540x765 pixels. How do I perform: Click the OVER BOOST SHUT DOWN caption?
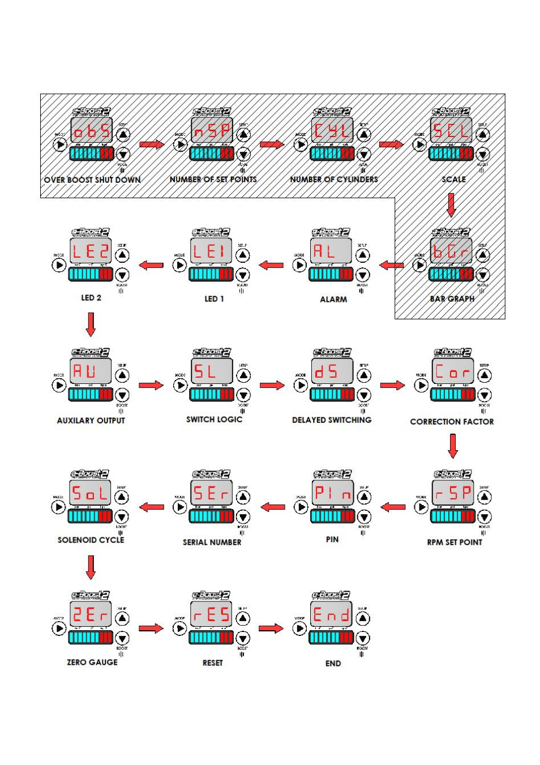[92, 180]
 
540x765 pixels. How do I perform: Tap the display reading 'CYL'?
[333, 131]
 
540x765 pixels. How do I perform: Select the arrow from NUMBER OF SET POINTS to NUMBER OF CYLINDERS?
[272, 144]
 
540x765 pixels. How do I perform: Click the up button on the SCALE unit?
[482, 135]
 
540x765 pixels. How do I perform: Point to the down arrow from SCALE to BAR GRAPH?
[451, 205]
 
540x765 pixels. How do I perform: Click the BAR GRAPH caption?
[452, 299]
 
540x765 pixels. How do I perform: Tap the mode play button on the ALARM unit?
[299, 265]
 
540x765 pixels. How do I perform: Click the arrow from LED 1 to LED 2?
[151, 265]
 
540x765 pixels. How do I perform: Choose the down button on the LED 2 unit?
[122, 275]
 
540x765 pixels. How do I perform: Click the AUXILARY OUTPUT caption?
[91, 421]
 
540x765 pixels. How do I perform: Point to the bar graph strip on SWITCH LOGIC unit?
[211, 395]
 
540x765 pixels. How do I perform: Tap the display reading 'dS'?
[332, 372]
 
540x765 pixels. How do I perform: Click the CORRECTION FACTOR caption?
[452, 422]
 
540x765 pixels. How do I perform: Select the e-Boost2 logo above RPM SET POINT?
[452, 474]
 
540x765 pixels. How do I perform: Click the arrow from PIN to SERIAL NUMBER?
[272, 507]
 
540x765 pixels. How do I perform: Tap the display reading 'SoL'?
[91, 493]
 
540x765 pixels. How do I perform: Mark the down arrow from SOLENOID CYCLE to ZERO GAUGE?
[91, 567]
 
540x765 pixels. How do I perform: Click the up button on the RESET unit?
[242, 619]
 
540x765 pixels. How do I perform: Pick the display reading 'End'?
[332, 615]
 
